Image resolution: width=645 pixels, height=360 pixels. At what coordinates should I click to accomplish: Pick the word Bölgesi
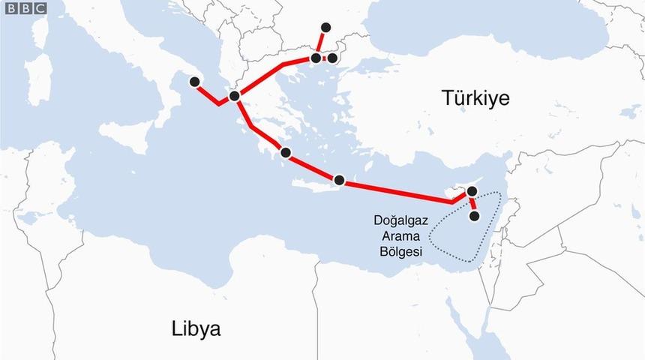tap(401, 252)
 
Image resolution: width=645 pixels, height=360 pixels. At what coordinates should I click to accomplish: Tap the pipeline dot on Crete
tap(340, 180)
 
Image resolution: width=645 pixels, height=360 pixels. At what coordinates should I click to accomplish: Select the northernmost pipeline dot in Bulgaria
tap(325, 27)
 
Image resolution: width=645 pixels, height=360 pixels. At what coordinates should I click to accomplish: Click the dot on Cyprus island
tap(471, 192)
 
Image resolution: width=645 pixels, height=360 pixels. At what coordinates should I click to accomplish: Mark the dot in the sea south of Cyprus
tap(474, 217)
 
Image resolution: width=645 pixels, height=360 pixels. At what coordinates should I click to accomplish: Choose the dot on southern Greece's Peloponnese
tap(285, 152)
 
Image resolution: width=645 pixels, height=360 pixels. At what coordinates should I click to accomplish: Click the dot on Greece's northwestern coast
tap(235, 96)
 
